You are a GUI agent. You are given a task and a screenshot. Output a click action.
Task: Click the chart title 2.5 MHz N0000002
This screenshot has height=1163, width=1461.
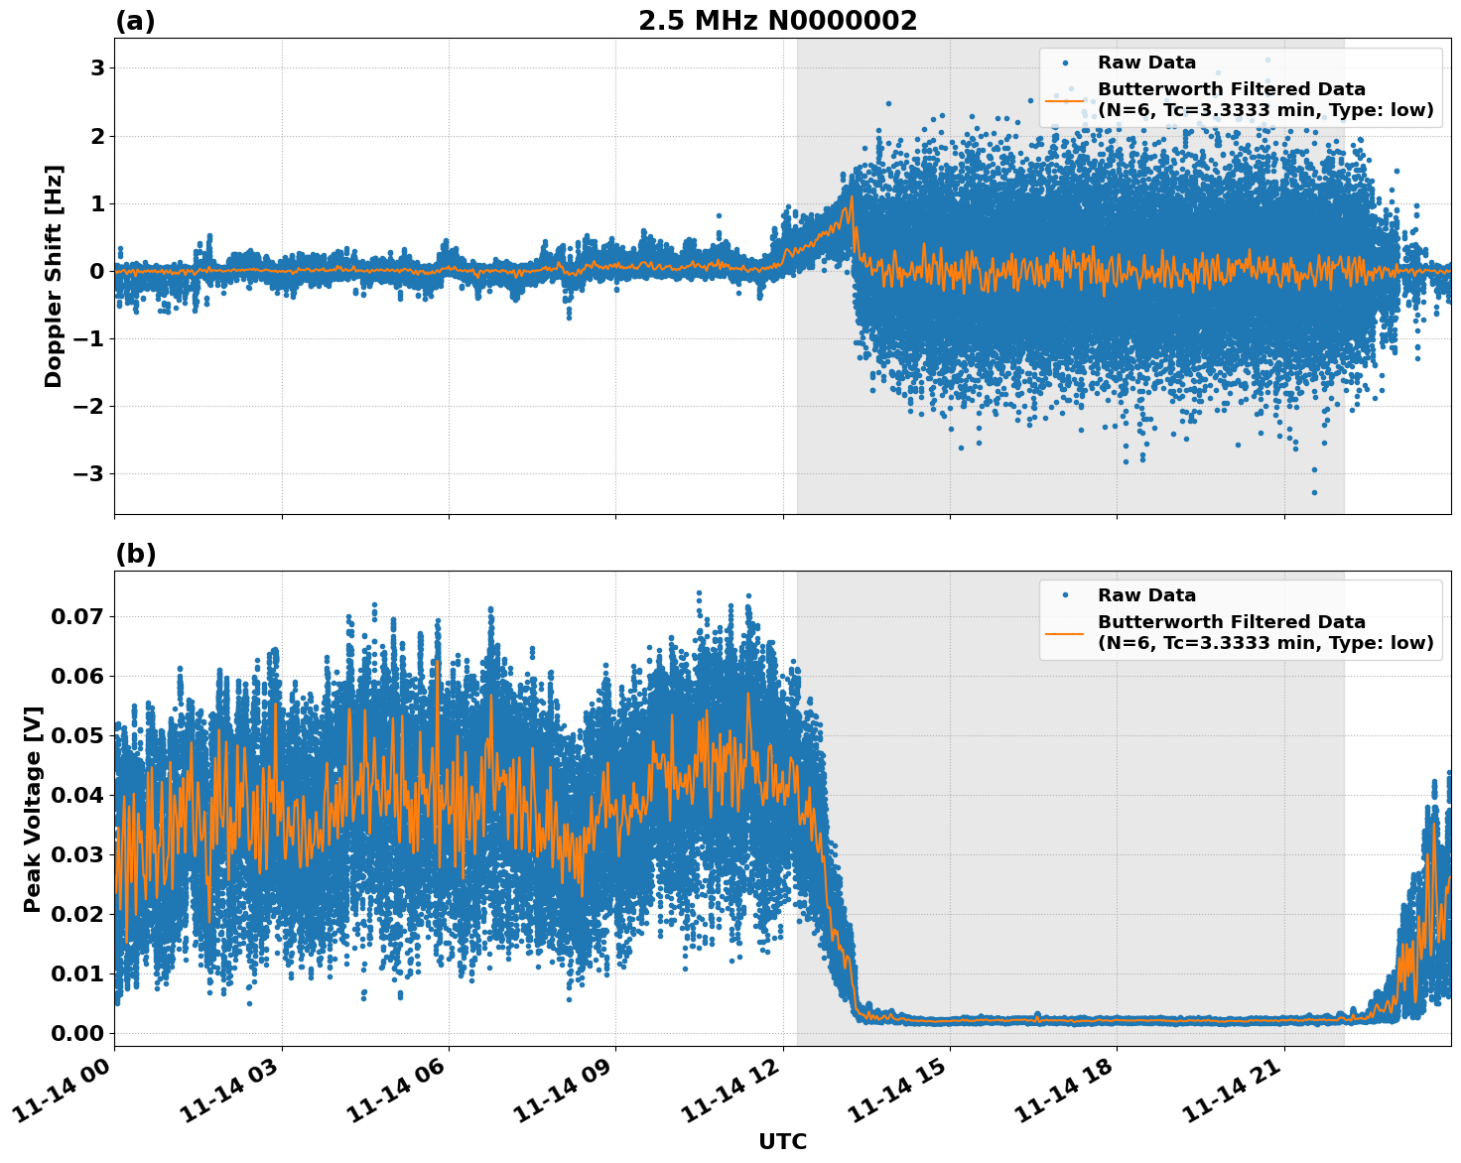pyautogui.click(x=777, y=21)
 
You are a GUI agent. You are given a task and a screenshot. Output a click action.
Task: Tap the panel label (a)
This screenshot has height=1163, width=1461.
pyautogui.click(x=135, y=21)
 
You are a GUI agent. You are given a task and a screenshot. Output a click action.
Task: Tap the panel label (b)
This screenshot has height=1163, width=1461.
pyautogui.click(x=135, y=554)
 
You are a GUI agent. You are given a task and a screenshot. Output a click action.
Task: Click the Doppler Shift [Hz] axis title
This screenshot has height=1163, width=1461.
pyautogui.click(x=54, y=276)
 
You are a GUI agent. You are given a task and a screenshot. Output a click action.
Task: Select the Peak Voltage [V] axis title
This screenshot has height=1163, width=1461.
pyautogui.click(x=33, y=809)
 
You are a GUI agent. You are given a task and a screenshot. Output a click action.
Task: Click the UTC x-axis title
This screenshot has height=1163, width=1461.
pyautogui.click(x=782, y=1141)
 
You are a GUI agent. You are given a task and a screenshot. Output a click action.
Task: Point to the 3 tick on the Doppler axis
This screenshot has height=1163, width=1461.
pyautogui.click(x=97, y=68)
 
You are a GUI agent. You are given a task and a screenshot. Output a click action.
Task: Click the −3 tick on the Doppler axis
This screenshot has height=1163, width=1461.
pyautogui.click(x=90, y=474)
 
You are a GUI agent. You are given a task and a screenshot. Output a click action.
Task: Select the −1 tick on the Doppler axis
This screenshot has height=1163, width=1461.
pyautogui.click(x=90, y=339)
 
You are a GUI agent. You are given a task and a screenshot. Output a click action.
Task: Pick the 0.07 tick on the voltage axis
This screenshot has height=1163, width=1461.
pyautogui.click(x=76, y=616)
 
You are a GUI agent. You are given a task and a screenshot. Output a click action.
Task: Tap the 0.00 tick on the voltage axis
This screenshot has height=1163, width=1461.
pyautogui.click(x=76, y=1033)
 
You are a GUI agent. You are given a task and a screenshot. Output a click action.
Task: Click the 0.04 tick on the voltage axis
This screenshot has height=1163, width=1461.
pyautogui.click(x=76, y=795)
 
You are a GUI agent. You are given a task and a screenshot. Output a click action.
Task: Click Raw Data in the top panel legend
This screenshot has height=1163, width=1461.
pyautogui.click(x=1146, y=63)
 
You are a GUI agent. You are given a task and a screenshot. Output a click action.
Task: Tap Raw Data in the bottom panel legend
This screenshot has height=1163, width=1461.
pyautogui.click(x=1146, y=595)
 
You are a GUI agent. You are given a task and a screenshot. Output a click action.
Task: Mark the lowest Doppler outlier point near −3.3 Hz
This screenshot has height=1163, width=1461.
pyautogui.click(x=1314, y=492)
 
